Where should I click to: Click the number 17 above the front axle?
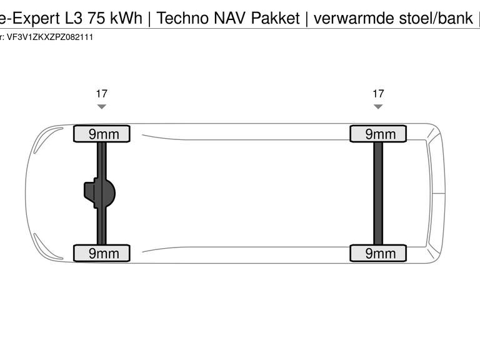pos(101,94)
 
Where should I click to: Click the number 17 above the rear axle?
pos(378,94)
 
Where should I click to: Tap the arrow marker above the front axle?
pos(101,107)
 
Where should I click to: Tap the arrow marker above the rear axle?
pos(378,107)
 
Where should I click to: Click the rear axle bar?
pos(378,193)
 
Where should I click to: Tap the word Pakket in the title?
pos(276,18)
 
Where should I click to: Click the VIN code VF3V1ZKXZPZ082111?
pos(50,37)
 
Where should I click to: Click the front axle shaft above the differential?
pos(101,159)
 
